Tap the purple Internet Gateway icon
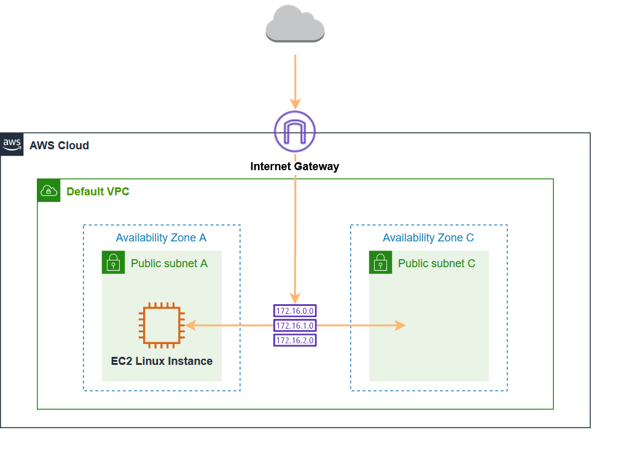coord(295,131)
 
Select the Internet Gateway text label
coord(295,166)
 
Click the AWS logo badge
coord(12,144)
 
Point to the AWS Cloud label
coord(59,146)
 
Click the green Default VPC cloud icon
coord(49,191)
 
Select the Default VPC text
coord(98,192)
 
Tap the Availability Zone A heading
coord(161,238)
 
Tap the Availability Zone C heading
coord(428,238)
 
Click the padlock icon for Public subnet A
coord(113,262)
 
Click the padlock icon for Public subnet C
coord(380,262)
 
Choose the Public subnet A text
coord(169,264)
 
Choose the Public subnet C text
coord(436,264)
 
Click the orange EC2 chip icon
coord(162,325)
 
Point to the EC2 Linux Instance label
coord(162,361)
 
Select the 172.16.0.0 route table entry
coord(295,311)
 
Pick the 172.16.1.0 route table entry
coord(295,326)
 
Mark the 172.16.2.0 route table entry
coord(295,340)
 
